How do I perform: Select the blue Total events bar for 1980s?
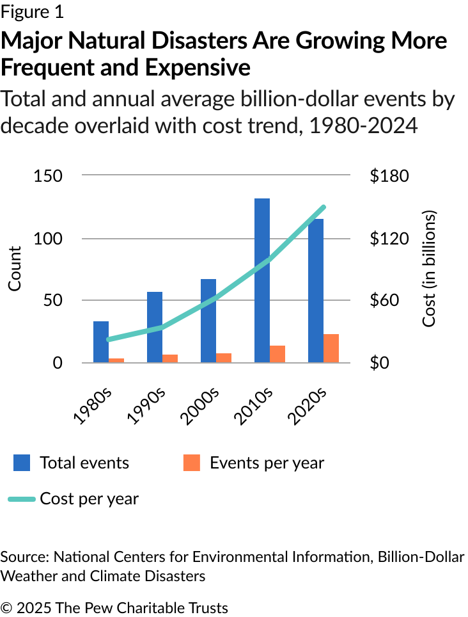click(101, 342)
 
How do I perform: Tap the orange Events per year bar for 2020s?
click(331, 348)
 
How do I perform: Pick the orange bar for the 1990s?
click(170, 358)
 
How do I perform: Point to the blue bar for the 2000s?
click(208, 321)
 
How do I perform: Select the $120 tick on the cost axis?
click(389, 239)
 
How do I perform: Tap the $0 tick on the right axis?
click(382, 363)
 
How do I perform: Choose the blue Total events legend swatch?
click(22, 463)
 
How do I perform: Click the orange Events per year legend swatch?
click(192, 463)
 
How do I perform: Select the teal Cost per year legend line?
click(22, 499)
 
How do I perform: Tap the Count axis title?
click(15, 269)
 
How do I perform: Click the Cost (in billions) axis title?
click(429, 269)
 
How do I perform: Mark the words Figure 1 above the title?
click(32, 12)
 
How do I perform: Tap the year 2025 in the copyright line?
click(31, 607)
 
